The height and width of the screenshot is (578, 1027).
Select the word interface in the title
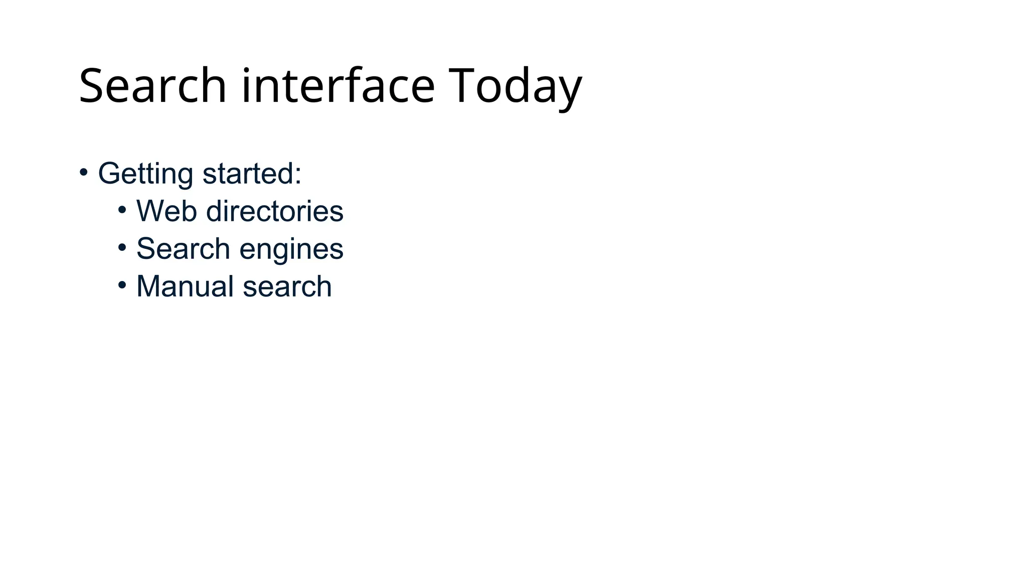(x=337, y=86)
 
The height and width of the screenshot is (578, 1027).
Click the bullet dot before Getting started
(x=84, y=172)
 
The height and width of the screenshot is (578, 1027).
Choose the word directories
(x=275, y=211)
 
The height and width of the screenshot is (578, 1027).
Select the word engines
(x=291, y=249)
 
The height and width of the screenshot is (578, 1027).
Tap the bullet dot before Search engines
(x=122, y=247)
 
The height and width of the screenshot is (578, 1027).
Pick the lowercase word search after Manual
(x=287, y=286)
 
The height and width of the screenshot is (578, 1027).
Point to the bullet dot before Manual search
(x=122, y=285)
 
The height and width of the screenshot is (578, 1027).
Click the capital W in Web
(x=150, y=211)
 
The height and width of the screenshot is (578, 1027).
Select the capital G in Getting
(x=109, y=173)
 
